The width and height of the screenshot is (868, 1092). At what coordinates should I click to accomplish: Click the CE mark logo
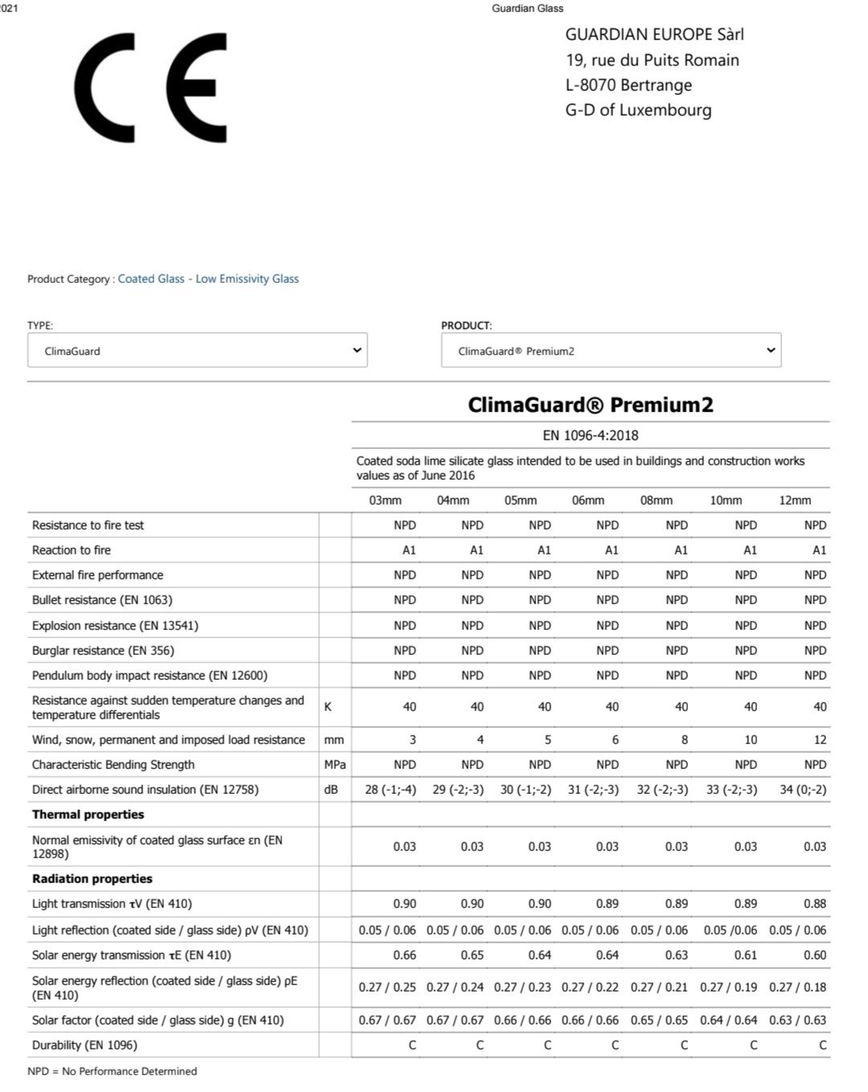150,88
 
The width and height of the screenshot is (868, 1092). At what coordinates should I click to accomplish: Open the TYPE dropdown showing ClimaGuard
197,350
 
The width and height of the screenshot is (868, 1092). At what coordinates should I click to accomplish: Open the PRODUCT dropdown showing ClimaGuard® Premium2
611,350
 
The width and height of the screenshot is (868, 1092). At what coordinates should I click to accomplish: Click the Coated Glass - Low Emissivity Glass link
208,279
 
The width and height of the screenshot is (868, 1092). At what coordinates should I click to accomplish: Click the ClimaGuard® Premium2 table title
591,404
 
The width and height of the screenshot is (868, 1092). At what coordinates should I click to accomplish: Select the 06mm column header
588,500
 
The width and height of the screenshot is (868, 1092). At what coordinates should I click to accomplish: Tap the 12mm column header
795,500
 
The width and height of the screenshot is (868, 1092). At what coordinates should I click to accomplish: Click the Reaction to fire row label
72,550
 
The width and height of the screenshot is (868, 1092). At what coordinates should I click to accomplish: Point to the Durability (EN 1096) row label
84,1045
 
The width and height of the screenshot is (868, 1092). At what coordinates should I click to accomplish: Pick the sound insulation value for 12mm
803,790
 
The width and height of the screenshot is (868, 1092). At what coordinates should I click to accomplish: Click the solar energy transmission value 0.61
746,955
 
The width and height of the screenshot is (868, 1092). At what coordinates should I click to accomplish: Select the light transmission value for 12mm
814,904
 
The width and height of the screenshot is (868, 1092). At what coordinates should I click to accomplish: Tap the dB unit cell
331,790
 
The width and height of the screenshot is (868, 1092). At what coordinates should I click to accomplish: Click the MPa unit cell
335,765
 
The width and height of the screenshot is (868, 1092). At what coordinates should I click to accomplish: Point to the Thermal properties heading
88,815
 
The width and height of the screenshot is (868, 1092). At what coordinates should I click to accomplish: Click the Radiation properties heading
92,879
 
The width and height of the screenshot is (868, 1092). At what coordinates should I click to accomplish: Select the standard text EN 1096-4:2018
591,436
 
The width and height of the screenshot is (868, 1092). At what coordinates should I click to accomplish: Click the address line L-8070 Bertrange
628,85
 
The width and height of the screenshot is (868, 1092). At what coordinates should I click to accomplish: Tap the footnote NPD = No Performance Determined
113,1071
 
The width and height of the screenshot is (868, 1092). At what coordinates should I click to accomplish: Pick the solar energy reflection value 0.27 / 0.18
797,988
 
